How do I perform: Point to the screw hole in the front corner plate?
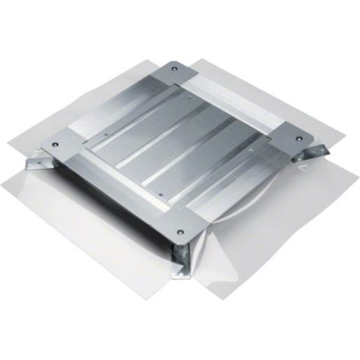tap(181, 229)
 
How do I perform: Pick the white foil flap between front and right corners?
tap(280, 224)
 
